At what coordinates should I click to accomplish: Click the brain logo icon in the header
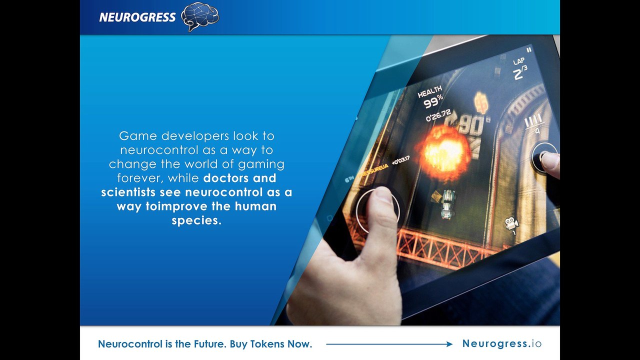[x=200, y=16]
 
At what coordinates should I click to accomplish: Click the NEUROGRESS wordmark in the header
[x=137, y=17]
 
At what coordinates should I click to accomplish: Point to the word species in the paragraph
[x=196, y=220]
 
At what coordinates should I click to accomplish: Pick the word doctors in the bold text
[x=227, y=178]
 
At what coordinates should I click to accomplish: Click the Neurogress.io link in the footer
[x=502, y=343]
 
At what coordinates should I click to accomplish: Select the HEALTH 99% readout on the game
[x=432, y=97]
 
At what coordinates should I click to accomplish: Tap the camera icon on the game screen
[x=510, y=223]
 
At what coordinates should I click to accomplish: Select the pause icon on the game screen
[x=529, y=49]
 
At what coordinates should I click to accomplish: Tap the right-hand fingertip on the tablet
[x=549, y=161]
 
